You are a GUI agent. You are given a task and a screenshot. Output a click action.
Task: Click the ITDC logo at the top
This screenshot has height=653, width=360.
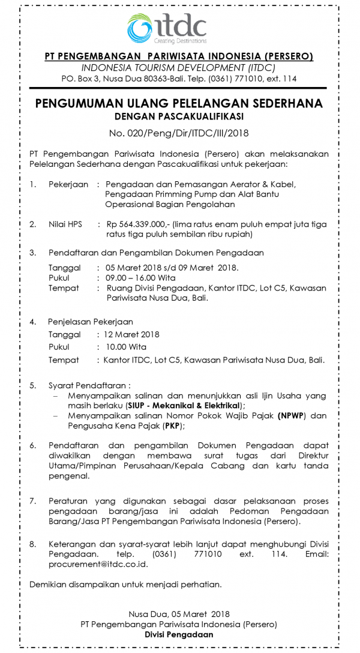click(x=167, y=28)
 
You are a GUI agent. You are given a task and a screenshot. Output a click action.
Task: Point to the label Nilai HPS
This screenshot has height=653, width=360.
click(x=65, y=224)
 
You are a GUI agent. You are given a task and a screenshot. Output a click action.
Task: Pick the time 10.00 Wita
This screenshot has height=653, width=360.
click(x=127, y=347)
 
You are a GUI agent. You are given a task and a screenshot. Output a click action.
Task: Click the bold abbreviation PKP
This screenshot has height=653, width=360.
click(x=172, y=426)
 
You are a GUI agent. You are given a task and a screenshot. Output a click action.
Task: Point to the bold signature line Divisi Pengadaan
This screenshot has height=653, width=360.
click(x=179, y=634)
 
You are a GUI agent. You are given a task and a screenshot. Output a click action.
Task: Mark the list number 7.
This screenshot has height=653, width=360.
click(x=33, y=500)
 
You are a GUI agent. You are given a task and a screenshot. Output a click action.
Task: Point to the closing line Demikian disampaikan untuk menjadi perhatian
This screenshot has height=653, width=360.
click(x=125, y=584)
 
